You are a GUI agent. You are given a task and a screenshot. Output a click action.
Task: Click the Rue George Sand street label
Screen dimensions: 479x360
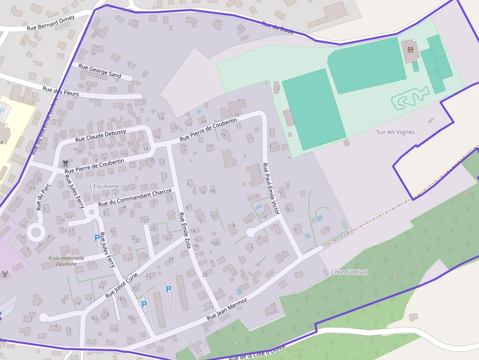tap(100, 71)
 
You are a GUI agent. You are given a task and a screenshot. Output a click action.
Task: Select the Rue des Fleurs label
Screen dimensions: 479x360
tap(61, 90)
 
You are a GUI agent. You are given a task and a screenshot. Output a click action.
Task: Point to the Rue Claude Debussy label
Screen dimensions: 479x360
tap(101, 135)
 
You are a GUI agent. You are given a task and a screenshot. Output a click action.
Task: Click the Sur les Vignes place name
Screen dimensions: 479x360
tap(395, 132)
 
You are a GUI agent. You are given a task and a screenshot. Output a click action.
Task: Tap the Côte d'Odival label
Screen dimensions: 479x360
tap(348, 272)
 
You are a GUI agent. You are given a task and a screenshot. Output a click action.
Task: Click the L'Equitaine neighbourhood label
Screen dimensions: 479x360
tap(104, 186)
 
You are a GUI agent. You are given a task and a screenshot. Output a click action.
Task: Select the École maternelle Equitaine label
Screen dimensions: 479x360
tap(66, 261)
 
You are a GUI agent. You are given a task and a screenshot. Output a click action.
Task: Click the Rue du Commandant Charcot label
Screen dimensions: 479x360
tap(135, 197)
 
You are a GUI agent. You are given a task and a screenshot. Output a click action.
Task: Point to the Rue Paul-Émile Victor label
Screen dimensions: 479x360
tap(271, 189)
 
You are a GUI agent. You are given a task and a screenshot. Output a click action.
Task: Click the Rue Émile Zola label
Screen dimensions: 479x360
tap(185, 232)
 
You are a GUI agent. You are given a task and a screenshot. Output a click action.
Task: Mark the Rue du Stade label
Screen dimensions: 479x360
tap(277, 27)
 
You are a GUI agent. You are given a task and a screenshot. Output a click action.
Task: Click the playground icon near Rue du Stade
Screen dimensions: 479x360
tap(410, 49)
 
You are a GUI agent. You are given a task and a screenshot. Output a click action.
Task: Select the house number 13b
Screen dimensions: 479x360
tap(150, 160)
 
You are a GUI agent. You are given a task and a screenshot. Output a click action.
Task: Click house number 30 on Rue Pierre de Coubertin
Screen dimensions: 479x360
tap(237, 115)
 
